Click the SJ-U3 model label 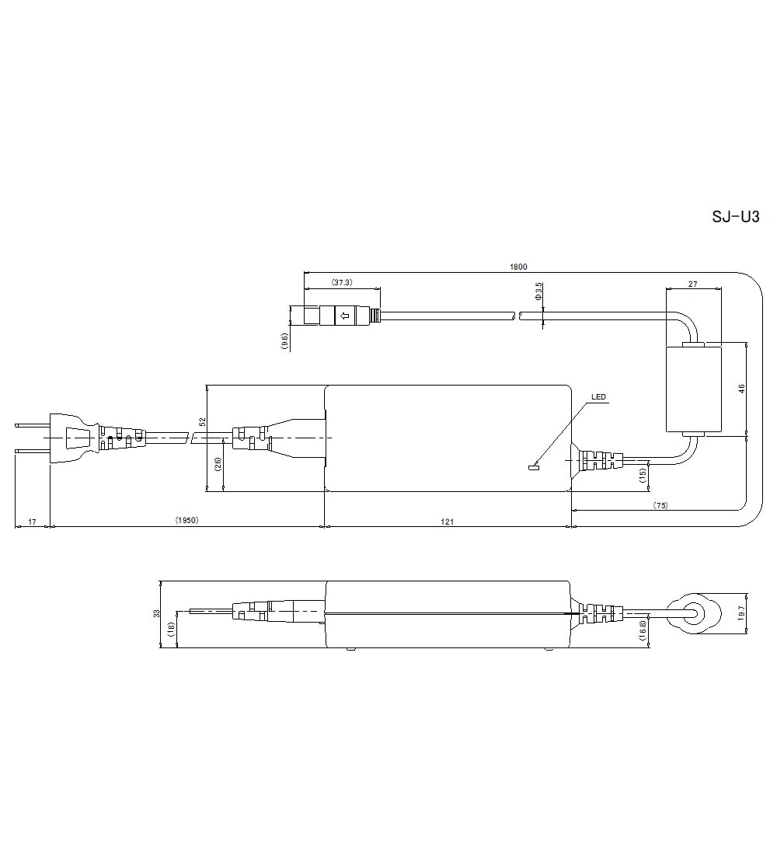point(735,217)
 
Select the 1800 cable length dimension point(518,267)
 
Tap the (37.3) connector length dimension point(342,282)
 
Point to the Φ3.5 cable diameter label point(538,291)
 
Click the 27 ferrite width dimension point(692,284)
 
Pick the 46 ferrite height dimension point(741,389)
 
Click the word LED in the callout point(598,397)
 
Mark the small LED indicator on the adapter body point(533,466)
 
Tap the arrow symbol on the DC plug point(345,315)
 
